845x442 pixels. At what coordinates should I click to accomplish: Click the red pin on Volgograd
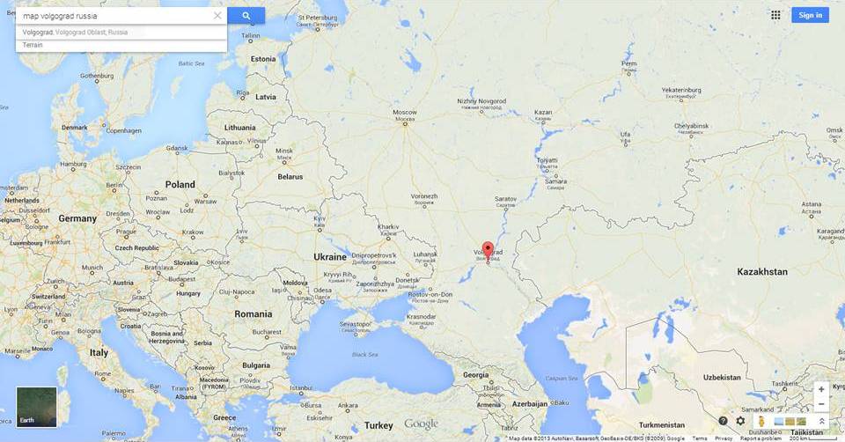pos(488,248)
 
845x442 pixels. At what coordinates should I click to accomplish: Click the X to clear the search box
pos(217,16)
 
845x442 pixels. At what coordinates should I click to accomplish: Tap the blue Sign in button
pos(810,15)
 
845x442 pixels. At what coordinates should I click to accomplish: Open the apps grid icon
pos(775,15)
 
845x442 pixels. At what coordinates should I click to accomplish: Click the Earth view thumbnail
pos(36,407)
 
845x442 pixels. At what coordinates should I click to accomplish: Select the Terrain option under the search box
pos(33,44)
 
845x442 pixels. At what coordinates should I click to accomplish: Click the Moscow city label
pos(404,113)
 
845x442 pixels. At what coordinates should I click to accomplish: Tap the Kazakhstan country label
pos(762,272)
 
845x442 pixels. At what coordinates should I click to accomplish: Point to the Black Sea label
pos(365,355)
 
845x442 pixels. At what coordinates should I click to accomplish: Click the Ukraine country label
pos(330,257)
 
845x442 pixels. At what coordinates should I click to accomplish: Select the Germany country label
pos(77,218)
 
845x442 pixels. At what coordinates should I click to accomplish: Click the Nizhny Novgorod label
pos(481,101)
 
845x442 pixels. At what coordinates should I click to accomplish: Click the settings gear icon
pos(740,421)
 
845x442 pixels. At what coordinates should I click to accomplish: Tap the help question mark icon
pos(723,421)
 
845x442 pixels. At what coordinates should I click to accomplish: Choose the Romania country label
pos(253,313)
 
